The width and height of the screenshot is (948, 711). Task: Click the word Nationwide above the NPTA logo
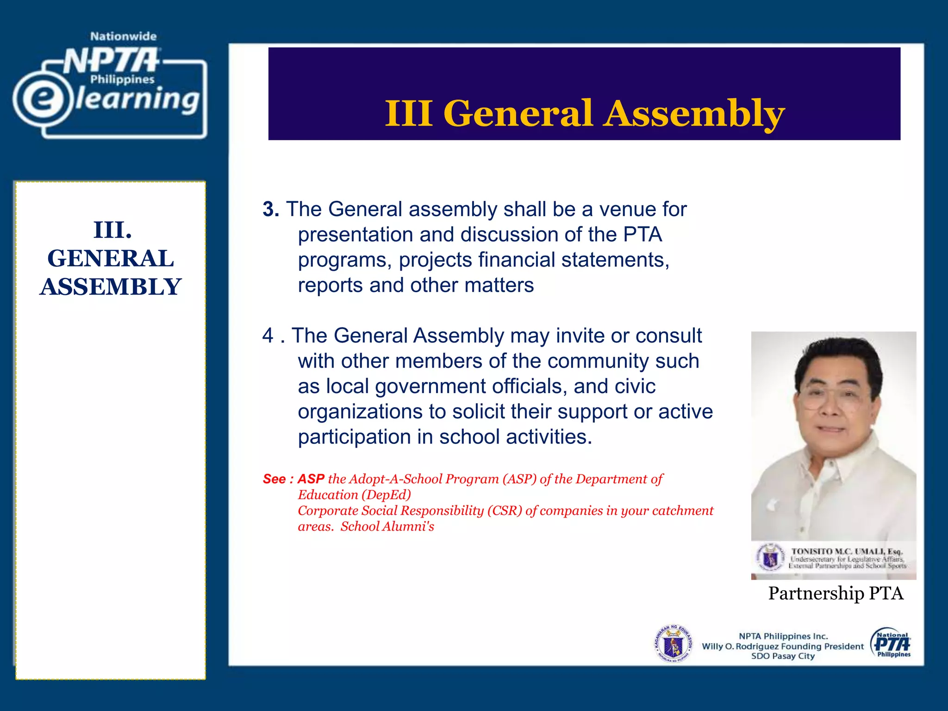point(123,36)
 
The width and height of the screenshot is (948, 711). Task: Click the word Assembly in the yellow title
point(694,113)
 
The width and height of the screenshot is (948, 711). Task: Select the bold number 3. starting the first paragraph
point(271,209)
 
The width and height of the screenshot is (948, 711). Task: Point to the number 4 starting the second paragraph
point(268,336)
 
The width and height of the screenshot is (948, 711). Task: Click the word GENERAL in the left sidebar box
point(111,258)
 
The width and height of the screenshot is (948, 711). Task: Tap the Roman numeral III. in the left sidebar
point(112,230)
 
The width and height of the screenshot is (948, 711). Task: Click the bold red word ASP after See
point(311,479)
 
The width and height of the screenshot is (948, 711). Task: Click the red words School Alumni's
point(387,527)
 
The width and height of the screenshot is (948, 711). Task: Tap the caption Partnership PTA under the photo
point(836,593)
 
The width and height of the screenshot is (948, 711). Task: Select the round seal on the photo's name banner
point(770,558)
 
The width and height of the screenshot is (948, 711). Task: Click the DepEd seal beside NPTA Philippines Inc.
point(674,644)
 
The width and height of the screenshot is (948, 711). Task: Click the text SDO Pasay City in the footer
point(783,656)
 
